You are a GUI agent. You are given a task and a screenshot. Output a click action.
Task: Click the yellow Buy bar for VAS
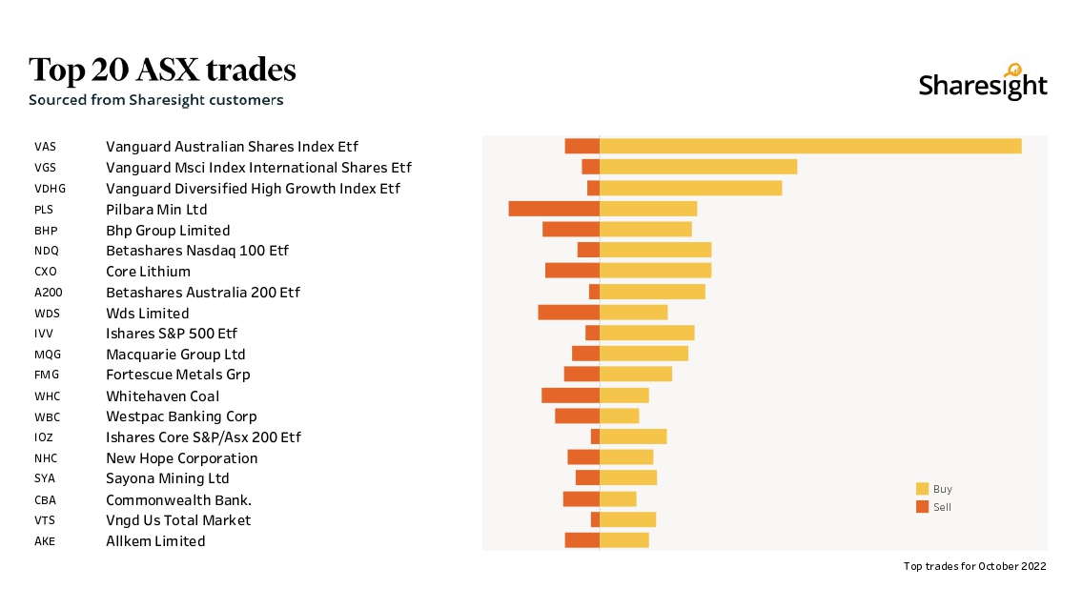coord(810,146)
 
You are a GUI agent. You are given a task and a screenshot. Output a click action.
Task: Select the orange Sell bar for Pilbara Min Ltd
coord(554,209)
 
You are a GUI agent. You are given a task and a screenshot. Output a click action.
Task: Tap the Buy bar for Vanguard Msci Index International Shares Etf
coord(698,167)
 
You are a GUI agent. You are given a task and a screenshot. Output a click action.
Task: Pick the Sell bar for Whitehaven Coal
coord(570,396)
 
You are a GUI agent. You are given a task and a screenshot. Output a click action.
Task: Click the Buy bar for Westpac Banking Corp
coord(619,416)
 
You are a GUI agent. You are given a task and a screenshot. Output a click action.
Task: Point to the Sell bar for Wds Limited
coord(568,313)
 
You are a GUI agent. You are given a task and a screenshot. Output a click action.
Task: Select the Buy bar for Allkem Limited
coord(623,540)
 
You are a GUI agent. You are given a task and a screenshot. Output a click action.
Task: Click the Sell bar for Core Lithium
coord(572,271)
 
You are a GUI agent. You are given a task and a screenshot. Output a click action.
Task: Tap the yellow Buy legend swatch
coord(922,489)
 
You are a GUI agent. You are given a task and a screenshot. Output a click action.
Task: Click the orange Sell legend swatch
coord(922,507)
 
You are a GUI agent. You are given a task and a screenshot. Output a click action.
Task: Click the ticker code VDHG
coord(50,189)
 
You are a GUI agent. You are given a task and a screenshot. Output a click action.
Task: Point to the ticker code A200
coord(48,293)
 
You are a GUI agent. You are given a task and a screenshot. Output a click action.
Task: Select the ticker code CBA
coord(45,499)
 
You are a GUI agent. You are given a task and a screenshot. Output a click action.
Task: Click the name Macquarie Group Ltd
coord(175,355)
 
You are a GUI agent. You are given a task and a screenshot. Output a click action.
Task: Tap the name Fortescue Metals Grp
coord(178,375)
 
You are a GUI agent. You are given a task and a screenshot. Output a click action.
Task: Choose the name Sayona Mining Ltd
coord(168,478)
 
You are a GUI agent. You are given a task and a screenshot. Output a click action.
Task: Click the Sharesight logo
coord(983,84)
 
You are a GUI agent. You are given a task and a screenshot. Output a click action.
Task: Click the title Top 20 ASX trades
coord(162,70)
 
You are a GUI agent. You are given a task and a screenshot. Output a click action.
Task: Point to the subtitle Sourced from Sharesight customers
coord(155,99)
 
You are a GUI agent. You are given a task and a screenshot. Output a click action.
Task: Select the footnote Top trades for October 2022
coord(974,566)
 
